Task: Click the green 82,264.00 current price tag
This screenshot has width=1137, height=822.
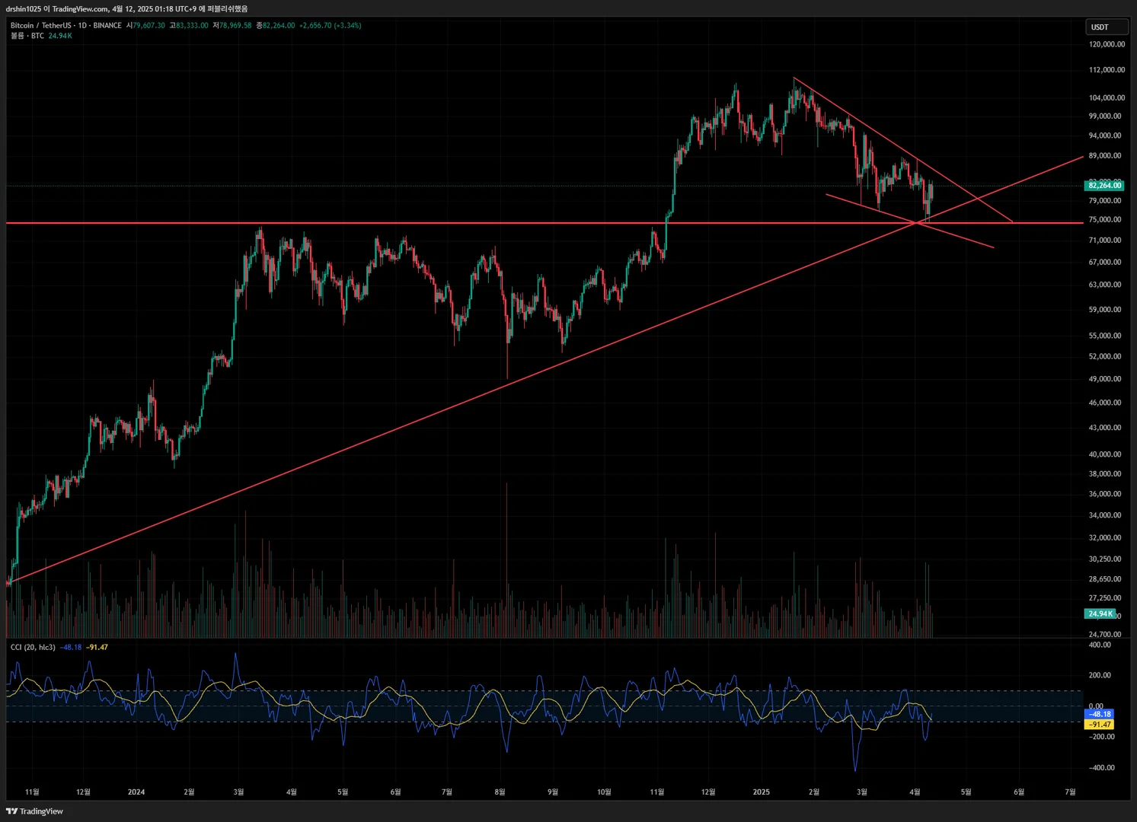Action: [x=1104, y=185]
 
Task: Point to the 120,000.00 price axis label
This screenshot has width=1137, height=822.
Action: [x=1107, y=44]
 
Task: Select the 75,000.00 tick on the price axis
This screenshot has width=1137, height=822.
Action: [x=1105, y=219]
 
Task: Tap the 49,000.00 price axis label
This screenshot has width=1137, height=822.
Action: [x=1105, y=379]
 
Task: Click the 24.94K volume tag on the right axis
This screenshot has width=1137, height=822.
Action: [x=1100, y=613]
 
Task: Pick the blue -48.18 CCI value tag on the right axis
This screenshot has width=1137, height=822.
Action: [x=1099, y=714]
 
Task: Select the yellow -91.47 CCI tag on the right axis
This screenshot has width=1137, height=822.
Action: [x=1099, y=725]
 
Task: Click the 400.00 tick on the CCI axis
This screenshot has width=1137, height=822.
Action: [x=1100, y=645]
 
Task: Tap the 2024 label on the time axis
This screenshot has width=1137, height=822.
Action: [x=136, y=792]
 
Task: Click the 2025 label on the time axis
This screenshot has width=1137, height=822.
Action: [x=761, y=792]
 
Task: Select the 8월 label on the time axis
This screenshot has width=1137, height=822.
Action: [x=500, y=792]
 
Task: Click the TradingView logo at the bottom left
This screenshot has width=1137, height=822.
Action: [x=34, y=811]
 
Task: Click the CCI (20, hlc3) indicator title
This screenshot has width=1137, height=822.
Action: [x=33, y=647]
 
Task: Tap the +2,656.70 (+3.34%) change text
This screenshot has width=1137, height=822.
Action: [x=330, y=25]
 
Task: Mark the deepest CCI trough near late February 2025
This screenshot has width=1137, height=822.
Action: [x=856, y=769]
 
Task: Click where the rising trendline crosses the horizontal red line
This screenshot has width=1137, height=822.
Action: [x=916, y=223]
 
